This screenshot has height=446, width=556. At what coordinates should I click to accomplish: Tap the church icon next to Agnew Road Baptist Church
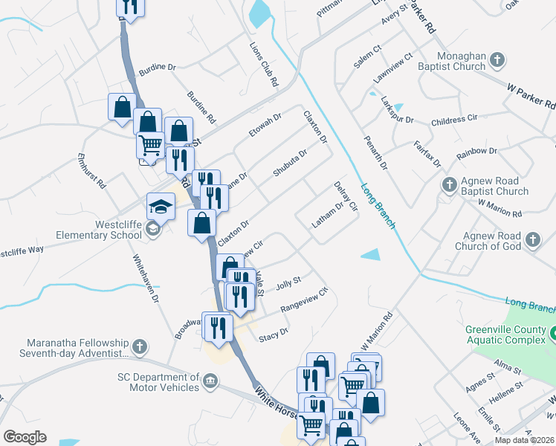449,184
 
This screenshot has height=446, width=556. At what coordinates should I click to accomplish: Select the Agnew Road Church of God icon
532,240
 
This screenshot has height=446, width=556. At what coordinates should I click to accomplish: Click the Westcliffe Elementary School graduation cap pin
161,207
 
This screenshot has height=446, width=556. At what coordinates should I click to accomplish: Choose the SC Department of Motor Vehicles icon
210,381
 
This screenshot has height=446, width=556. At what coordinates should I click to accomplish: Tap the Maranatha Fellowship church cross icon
138,346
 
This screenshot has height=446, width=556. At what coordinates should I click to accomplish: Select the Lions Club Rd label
264,65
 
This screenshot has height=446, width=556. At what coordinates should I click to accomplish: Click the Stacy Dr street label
273,334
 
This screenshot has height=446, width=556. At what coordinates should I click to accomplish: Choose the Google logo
25,437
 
